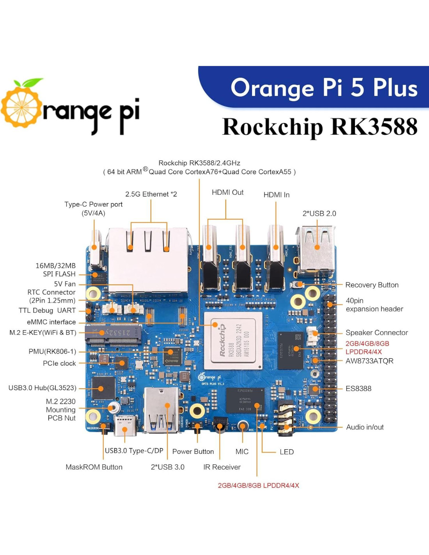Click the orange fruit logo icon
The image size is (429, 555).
(21, 105)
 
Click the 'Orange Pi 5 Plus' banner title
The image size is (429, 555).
(324, 87)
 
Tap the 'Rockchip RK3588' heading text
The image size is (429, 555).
(320, 127)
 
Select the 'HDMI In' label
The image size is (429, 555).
(276, 195)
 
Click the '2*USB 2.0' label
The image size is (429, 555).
(319, 213)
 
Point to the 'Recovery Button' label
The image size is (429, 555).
(372, 285)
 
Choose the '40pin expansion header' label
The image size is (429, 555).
(374, 305)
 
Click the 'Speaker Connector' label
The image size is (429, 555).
(376, 333)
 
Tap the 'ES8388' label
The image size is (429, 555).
(358, 388)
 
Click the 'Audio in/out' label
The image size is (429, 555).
(365, 427)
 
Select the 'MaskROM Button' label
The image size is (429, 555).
(94, 467)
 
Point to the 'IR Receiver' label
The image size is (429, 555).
(222, 467)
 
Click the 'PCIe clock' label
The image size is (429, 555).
(59, 363)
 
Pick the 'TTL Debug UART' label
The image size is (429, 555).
(47, 310)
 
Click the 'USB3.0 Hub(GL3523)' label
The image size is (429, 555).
(43, 388)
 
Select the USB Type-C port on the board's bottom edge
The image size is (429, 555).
(125, 426)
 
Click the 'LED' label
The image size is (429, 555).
(287, 452)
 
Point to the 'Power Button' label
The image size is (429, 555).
(193, 452)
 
